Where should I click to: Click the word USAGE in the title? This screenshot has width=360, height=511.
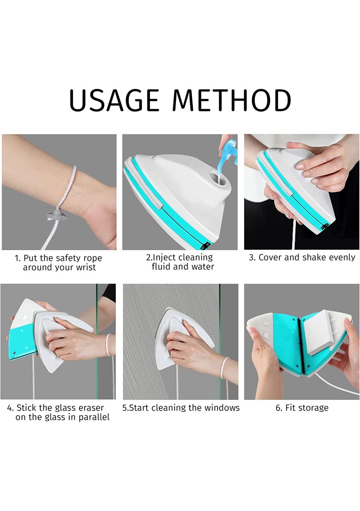pos(114,100)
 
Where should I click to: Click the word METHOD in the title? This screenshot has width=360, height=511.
pos(232,100)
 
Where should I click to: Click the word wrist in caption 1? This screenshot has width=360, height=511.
pos(86,267)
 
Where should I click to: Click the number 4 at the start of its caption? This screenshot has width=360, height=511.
pos(10,408)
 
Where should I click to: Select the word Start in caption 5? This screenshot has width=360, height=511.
pos(138,408)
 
